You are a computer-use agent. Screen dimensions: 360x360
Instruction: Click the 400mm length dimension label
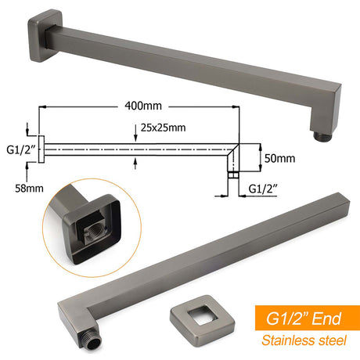point(143,106)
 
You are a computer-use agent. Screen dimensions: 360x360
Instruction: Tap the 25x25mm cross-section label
point(164,128)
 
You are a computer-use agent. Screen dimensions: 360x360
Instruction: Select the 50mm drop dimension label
point(279,158)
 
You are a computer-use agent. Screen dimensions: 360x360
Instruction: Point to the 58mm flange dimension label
point(29,189)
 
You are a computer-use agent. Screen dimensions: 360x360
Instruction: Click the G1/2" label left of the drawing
point(20,150)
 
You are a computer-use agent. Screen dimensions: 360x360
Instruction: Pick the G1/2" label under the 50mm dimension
point(263,189)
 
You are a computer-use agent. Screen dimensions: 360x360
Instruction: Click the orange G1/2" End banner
point(308,318)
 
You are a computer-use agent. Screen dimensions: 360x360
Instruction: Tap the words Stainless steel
point(304,340)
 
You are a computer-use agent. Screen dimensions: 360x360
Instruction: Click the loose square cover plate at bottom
point(202,321)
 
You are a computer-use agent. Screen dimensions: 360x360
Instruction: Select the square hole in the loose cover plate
point(203,316)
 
